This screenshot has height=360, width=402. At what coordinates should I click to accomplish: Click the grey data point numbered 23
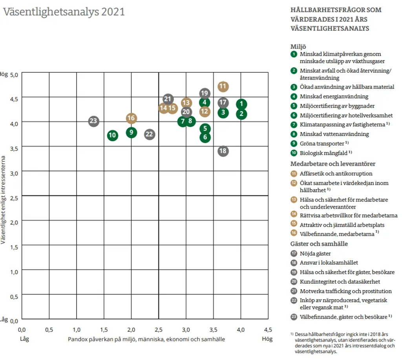93,121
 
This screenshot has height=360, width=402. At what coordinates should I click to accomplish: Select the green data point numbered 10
113,136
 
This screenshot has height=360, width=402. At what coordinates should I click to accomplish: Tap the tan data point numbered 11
223,86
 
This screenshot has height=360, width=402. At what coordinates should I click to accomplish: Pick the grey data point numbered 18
223,151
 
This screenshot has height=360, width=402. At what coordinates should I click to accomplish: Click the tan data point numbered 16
131,118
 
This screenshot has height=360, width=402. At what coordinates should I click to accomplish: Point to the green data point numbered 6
205,137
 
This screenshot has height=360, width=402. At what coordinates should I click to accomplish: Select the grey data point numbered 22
149,134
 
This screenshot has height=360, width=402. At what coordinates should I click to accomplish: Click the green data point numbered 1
241,104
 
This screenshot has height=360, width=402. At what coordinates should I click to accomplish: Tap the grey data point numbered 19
204,94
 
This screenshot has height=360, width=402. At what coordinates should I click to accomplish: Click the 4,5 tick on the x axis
268,329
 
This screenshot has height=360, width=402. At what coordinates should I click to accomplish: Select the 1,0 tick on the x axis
76,329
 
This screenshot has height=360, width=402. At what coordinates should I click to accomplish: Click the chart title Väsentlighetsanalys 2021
64,12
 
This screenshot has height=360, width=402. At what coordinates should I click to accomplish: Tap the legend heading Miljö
298,47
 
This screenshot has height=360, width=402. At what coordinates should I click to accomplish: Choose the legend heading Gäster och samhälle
319,244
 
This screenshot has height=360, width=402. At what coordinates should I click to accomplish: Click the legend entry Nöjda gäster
315,253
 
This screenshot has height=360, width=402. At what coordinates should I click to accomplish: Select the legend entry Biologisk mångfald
323,153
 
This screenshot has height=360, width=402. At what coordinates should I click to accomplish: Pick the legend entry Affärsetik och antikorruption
336,173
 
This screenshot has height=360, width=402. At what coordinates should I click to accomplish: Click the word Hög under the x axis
267,338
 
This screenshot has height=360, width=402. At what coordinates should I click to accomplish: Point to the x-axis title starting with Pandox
146,339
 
